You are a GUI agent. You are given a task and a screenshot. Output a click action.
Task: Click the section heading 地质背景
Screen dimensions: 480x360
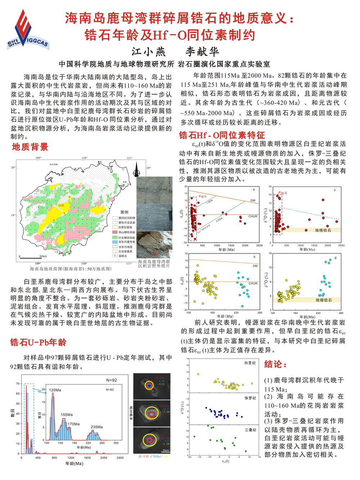coord(30,147)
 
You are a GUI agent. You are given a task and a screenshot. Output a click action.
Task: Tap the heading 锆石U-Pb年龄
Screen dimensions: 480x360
coord(38,342)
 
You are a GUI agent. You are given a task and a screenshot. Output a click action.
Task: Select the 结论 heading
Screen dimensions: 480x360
coord(275,364)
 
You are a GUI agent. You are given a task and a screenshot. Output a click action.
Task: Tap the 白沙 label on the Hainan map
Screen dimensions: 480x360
coord(61,206)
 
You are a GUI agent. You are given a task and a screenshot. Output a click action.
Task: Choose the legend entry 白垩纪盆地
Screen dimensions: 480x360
coord(126,227)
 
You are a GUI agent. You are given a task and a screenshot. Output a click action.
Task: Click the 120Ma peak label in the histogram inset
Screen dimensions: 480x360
coord(55,390)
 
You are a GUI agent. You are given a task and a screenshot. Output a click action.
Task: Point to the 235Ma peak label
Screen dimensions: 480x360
coord(96,427)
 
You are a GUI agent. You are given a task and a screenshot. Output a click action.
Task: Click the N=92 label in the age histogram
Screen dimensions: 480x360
coord(112,380)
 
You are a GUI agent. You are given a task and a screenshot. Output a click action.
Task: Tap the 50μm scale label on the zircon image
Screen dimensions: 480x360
coord(166,450)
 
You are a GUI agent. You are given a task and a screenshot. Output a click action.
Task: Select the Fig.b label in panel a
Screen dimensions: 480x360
coord(202,196)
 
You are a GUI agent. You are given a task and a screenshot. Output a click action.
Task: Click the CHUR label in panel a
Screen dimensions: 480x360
coord(253,216)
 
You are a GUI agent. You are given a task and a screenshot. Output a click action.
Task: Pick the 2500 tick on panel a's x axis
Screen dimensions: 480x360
coord(259,246)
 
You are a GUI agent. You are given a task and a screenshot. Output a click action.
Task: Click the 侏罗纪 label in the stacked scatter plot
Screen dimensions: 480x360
coord(250,398)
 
